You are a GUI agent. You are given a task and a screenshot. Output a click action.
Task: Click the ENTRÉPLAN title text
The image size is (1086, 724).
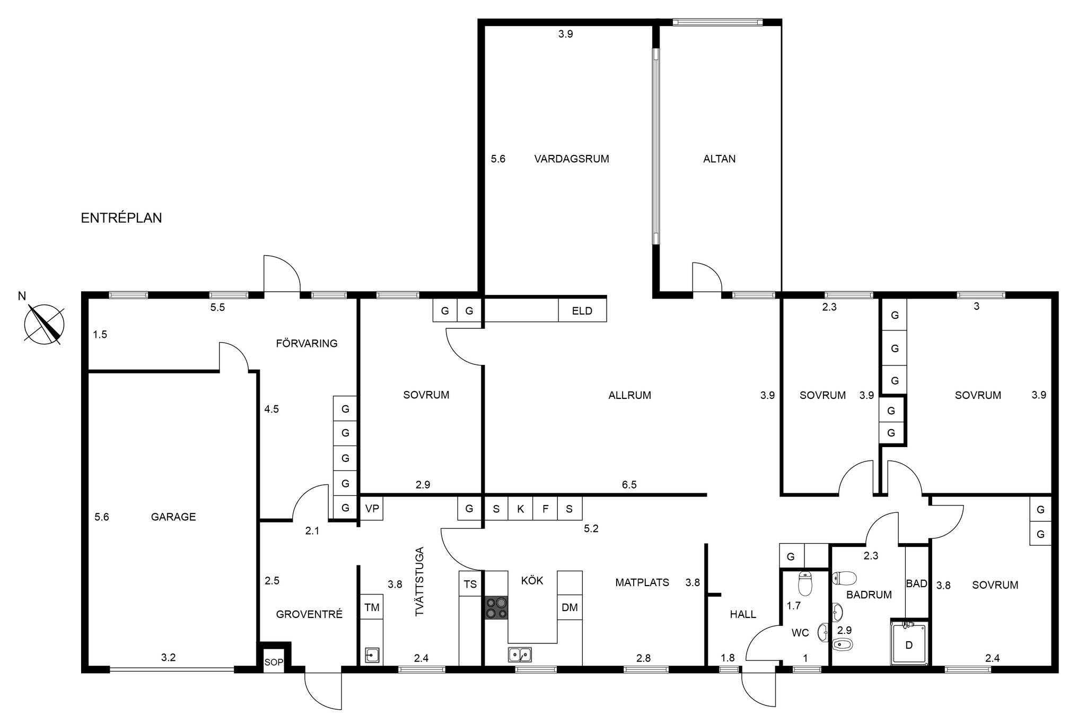click(121, 218)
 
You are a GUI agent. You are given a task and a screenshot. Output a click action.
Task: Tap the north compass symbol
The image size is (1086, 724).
click(44, 324)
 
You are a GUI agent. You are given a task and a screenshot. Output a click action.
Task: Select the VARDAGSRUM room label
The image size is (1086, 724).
click(572, 159)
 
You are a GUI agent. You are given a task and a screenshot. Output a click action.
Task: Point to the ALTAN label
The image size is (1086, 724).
click(719, 159)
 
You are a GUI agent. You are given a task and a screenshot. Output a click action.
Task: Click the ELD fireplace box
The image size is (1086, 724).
click(582, 311)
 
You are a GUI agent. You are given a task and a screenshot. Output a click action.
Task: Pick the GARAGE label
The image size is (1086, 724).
click(173, 517)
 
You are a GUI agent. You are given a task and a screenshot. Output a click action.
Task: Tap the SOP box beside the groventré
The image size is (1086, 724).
click(274, 661)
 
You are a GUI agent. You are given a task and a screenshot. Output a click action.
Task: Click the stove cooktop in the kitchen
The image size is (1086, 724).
click(496, 607)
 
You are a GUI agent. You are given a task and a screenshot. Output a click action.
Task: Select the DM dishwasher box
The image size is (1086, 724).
click(570, 607)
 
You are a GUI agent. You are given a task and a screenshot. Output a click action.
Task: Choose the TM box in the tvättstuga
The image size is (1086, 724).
click(372, 607)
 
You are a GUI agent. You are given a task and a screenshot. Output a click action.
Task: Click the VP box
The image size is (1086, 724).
click(372, 508)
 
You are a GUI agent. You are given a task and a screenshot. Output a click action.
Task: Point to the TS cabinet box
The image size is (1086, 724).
click(470, 584)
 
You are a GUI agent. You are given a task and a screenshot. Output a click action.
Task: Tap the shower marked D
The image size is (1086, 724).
click(909, 644)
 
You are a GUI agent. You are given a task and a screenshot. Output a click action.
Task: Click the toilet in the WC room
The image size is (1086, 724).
click(805, 583)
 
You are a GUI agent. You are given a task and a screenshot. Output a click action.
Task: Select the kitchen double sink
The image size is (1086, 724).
click(520, 655)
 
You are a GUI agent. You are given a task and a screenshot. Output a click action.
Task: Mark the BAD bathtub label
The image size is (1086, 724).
click(916, 583)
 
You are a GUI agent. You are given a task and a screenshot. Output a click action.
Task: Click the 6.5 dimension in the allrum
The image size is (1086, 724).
click(629, 484)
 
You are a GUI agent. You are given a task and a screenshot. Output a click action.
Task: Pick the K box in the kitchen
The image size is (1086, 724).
click(521, 508)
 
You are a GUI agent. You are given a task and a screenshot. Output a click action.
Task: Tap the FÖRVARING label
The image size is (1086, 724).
click(306, 343)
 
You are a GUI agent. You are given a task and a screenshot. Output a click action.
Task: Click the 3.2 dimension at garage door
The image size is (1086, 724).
click(168, 657)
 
